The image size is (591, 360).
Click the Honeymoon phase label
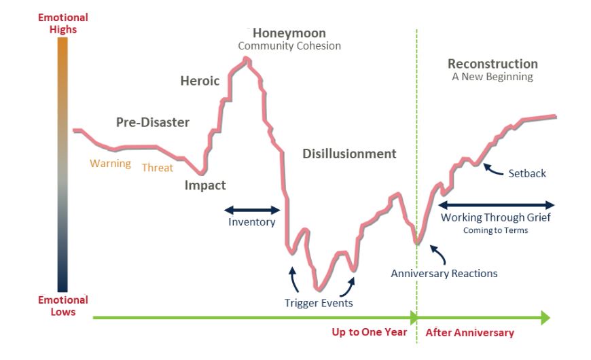click(x=289, y=33)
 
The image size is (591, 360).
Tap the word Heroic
click(x=200, y=81)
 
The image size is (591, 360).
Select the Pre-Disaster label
click(x=153, y=122)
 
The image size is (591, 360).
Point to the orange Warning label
click(x=111, y=164)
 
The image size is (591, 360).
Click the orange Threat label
click(x=157, y=168)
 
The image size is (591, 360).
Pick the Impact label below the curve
click(x=205, y=185)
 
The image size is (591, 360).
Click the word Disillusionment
click(x=349, y=154)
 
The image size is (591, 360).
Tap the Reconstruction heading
click(x=492, y=64)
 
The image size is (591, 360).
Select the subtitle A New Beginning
click(x=492, y=77)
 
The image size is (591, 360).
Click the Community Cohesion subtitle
click(x=289, y=46)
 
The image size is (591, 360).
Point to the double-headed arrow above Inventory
click(x=252, y=211)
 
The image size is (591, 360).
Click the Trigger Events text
click(x=319, y=303)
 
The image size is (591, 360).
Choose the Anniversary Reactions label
click(x=444, y=273)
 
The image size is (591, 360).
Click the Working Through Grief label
click(x=496, y=217)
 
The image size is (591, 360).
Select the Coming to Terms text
click(x=495, y=230)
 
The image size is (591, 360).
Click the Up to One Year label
click(x=370, y=332)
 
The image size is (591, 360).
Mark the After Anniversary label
click(x=469, y=332)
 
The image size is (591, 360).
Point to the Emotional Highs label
click(x=63, y=23)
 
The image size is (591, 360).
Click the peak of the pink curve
click(x=247, y=58)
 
